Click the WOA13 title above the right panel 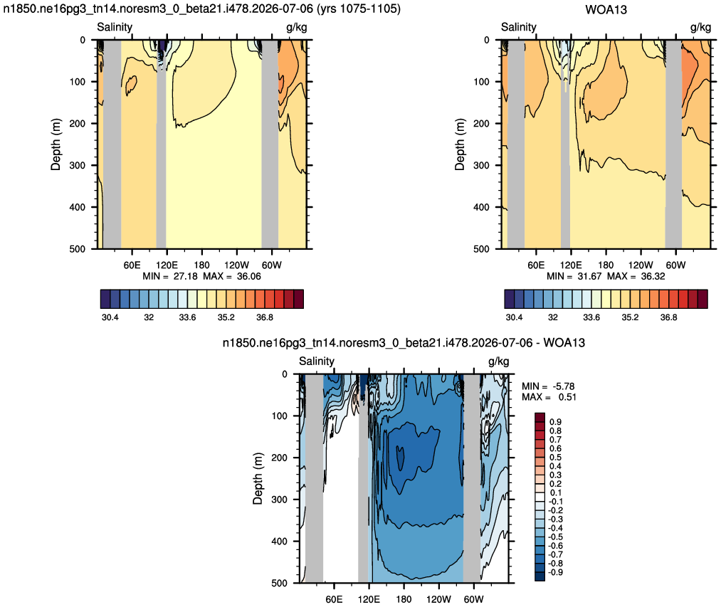(606, 10)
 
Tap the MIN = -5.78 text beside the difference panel (548, 386)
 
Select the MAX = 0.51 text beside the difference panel (549, 397)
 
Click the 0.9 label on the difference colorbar (555, 422)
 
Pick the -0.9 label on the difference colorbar (554, 572)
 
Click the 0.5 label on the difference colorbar (555, 457)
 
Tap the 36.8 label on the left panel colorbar (264, 317)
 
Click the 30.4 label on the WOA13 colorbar (514, 317)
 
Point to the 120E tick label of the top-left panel (167, 265)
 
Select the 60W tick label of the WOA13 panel (675, 265)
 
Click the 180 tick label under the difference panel (404, 599)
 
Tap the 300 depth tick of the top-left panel (78, 165)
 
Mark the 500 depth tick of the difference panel (280, 583)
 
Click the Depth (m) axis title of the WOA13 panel (459, 144)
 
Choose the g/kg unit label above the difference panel (498, 361)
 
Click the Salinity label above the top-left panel (115, 27)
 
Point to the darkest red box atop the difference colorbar (540, 417)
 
